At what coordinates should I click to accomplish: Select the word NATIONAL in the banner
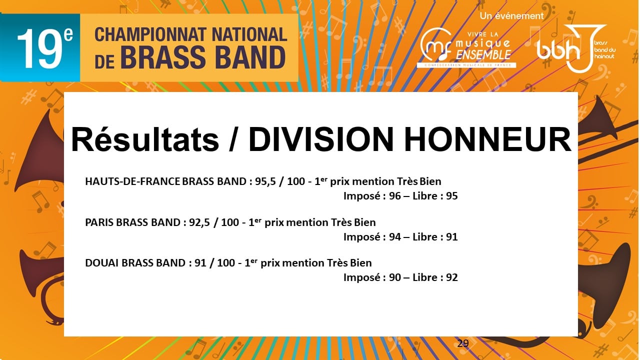click(x=249, y=35)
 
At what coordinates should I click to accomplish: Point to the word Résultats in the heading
click(x=145, y=139)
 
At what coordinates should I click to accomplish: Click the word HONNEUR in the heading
click(x=487, y=139)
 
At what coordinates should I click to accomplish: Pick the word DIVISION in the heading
click(x=321, y=139)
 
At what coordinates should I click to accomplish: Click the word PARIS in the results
click(x=99, y=222)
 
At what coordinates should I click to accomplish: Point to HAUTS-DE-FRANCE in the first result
click(x=132, y=181)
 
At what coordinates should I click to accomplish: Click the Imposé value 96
click(x=395, y=196)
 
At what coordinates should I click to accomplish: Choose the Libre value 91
click(x=452, y=237)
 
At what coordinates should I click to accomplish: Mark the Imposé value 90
click(x=395, y=277)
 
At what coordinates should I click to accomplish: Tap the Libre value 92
click(x=452, y=277)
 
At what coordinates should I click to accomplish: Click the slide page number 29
click(x=463, y=343)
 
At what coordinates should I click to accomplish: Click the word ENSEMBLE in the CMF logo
click(x=483, y=54)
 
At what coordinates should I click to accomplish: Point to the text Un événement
click(x=511, y=16)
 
